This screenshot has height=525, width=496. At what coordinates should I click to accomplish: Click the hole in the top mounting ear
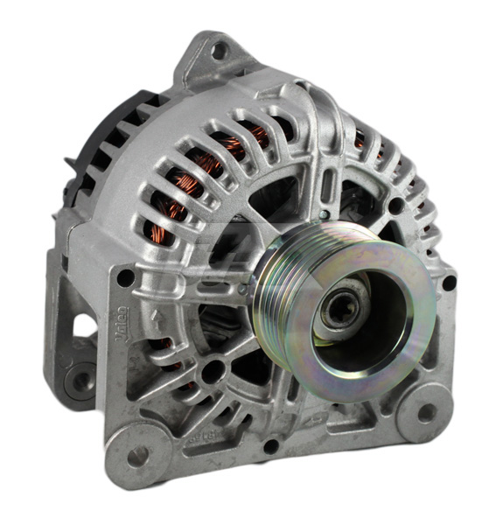(219, 51)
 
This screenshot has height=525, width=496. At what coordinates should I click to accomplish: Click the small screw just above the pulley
(324, 213)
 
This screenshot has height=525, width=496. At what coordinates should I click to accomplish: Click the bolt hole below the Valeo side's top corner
(126, 278)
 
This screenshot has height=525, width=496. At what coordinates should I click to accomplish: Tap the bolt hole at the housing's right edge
(448, 283)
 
